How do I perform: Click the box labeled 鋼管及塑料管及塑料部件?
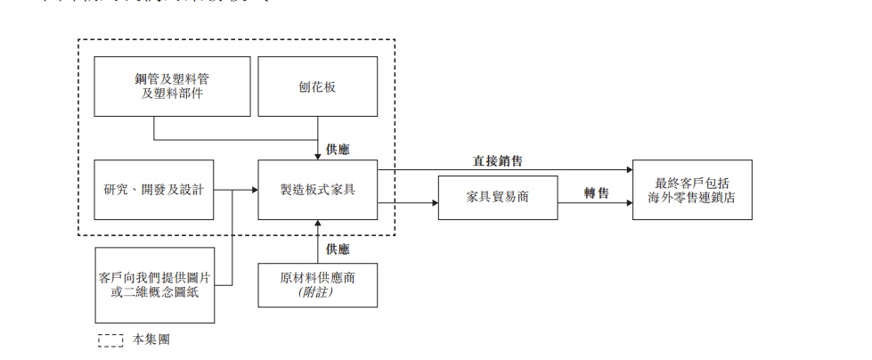[x=154, y=85]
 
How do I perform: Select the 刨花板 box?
[x=317, y=86]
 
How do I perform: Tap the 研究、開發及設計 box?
[x=154, y=190]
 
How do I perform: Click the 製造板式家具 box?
[x=317, y=190]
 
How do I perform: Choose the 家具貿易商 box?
[x=498, y=197]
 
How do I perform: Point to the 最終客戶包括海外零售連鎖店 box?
[x=691, y=190]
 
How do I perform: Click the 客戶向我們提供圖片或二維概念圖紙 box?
[x=154, y=285]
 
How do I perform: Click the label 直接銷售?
[x=497, y=162]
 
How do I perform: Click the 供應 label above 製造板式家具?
[x=338, y=149]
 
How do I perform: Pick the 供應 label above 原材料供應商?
[x=338, y=249]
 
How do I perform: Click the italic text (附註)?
[x=317, y=292]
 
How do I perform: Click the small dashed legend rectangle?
[x=110, y=340]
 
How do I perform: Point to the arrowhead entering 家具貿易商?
[x=435, y=204]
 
